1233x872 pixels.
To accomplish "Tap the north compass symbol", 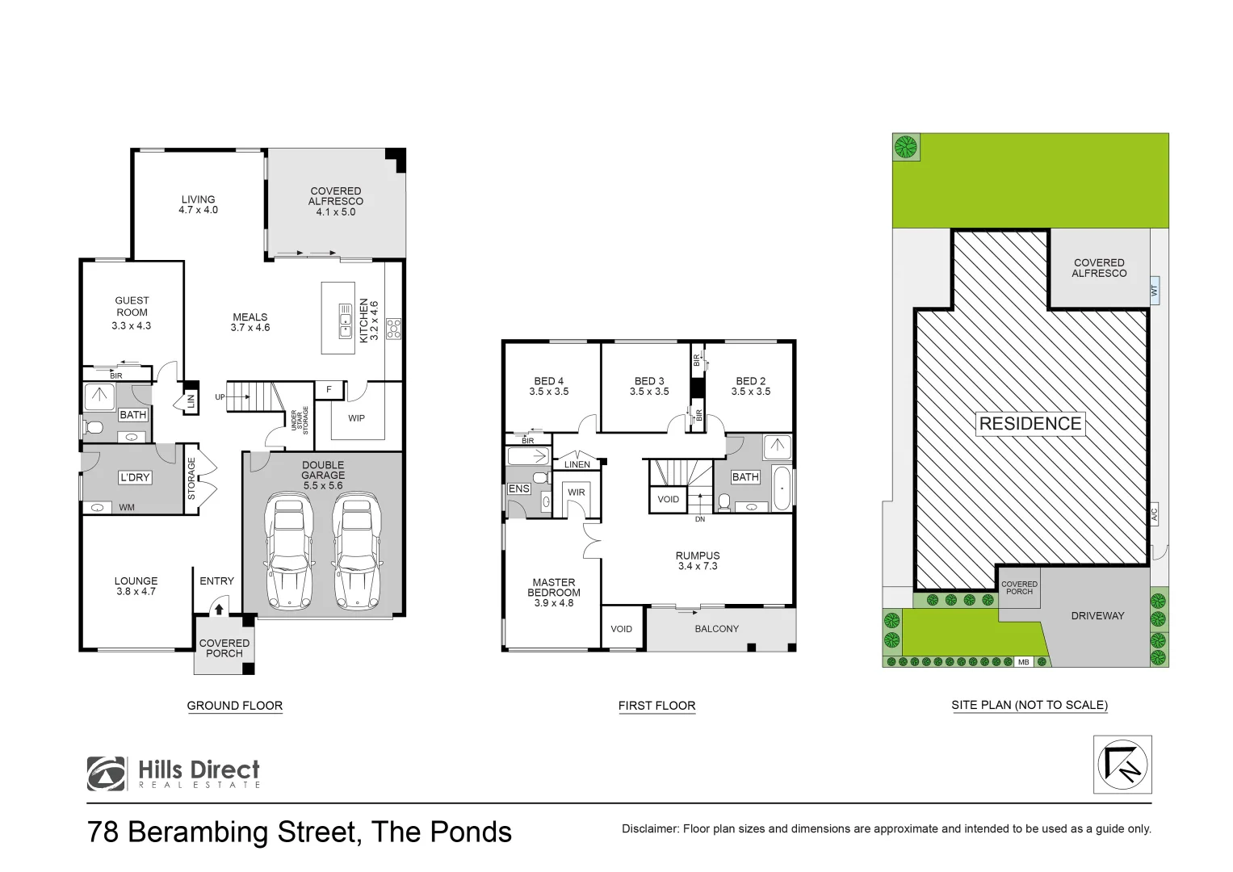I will [1122, 764].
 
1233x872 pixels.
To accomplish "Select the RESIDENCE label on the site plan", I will [1030, 424].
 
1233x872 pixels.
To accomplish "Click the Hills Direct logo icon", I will [106, 773].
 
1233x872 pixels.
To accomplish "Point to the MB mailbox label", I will [1023, 662].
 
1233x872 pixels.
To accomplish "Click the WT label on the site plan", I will [1154, 290].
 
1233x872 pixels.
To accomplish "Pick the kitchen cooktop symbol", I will [393, 329].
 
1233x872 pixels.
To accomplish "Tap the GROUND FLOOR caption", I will [234, 706].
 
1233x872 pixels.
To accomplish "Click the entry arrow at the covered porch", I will [219, 610].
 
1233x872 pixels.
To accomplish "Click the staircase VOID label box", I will [668, 499].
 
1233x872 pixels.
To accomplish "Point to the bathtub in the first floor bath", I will [782, 488].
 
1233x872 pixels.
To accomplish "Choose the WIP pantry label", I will [356, 418].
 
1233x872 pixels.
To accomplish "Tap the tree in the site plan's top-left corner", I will [906, 147].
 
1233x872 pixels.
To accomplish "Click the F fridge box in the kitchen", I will [329, 390].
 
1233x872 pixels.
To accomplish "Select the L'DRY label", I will [135, 477].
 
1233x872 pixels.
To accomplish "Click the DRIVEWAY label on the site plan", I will [1097, 616].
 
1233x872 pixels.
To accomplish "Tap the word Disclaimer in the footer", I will [650, 828].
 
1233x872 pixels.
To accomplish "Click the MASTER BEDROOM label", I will [554, 593].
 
